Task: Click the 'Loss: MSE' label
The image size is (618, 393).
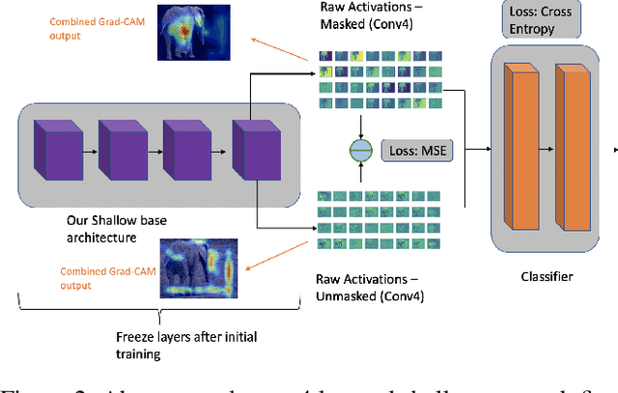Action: tap(414, 152)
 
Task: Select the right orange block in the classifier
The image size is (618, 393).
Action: tap(575, 145)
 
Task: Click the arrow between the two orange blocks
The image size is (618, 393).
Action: tap(548, 149)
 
